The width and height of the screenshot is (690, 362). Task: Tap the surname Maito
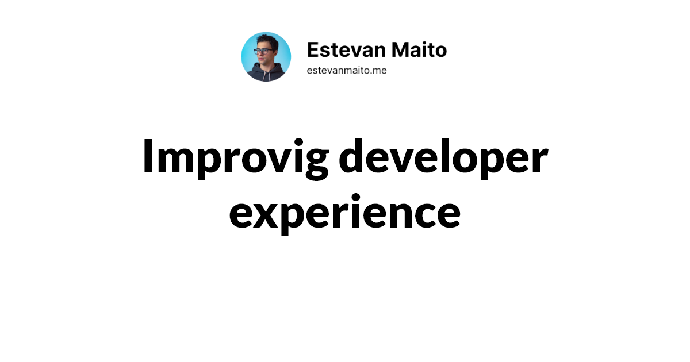(419, 50)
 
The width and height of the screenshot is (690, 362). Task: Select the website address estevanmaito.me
(347, 70)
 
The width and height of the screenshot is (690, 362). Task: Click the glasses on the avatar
(264, 52)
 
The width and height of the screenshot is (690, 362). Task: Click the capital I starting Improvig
(148, 157)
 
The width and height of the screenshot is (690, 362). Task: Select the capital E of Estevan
(312, 50)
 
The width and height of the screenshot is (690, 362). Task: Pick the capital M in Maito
(402, 50)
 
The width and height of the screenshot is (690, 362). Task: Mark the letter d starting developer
(354, 157)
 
